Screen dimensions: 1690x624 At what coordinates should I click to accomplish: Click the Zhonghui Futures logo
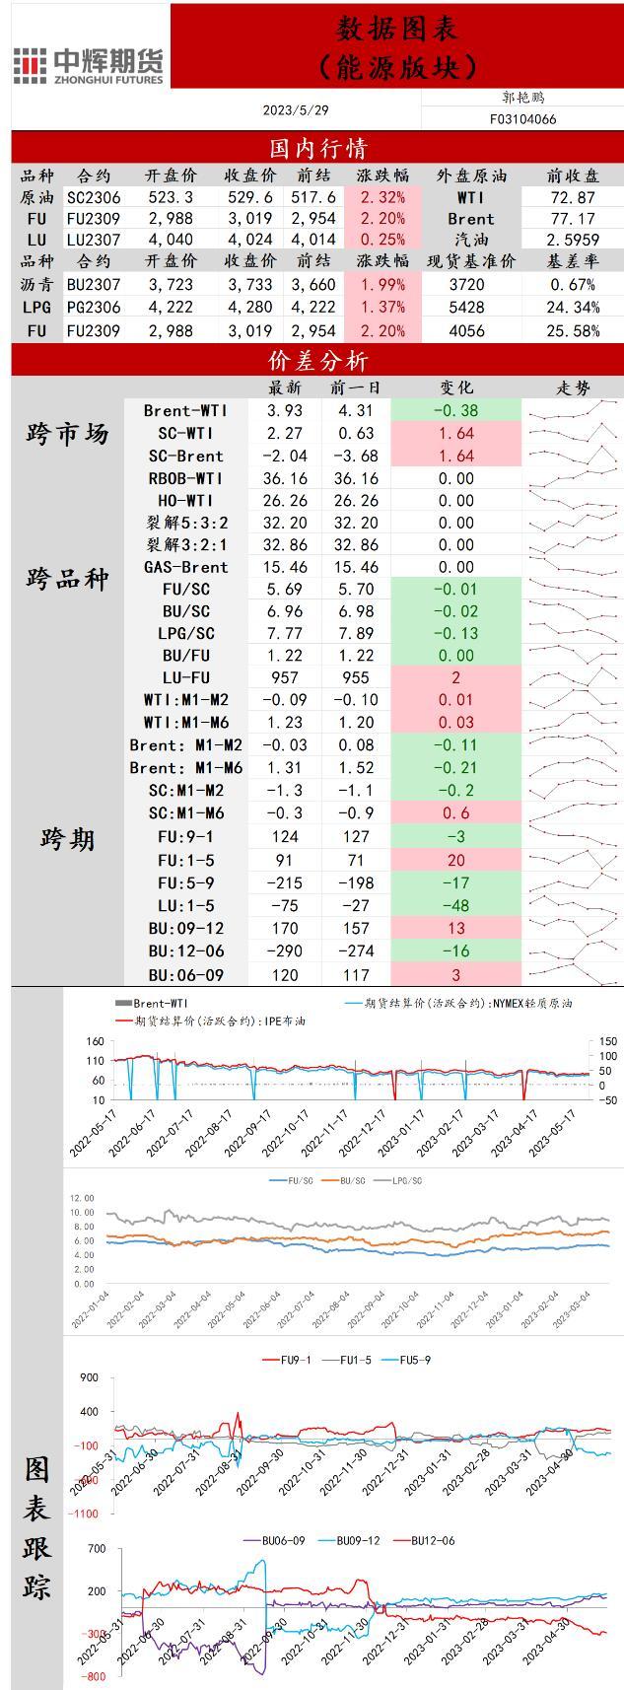pyautogui.click(x=89, y=64)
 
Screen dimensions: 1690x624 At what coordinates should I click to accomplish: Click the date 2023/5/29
pyautogui.click(x=296, y=110)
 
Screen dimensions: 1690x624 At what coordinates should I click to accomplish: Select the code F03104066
pyautogui.click(x=522, y=119)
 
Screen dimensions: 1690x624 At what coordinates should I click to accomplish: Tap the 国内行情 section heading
pyautogui.click(x=317, y=148)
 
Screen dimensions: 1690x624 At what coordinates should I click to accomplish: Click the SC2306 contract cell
pyautogui.click(x=94, y=197)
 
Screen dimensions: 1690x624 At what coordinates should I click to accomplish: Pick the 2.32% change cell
pyautogui.click(x=383, y=197)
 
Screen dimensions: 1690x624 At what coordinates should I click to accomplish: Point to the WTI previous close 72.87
pyautogui.click(x=573, y=197)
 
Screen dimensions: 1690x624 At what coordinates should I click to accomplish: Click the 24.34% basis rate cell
pyautogui.click(x=573, y=308)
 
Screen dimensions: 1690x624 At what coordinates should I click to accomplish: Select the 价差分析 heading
pyautogui.click(x=317, y=360)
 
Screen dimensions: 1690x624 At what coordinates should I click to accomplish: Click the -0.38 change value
pyautogui.click(x=455, y=410)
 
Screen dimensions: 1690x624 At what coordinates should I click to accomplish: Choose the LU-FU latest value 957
pyautogui.click(x=286, y=677)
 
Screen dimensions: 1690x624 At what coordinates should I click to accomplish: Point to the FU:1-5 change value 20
pyautogui.click(x=455, y=860)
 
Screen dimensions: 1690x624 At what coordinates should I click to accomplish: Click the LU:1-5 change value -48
pyautogui.click(x=455, y=905)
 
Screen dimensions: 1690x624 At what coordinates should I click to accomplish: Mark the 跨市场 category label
pyautogui.click(x=67, y=434)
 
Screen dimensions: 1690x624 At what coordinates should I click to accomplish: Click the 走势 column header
pyautogui.click(x=573, y=387)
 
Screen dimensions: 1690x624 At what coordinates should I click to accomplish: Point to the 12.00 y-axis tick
pyautogui.click(x=82, y=1198)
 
